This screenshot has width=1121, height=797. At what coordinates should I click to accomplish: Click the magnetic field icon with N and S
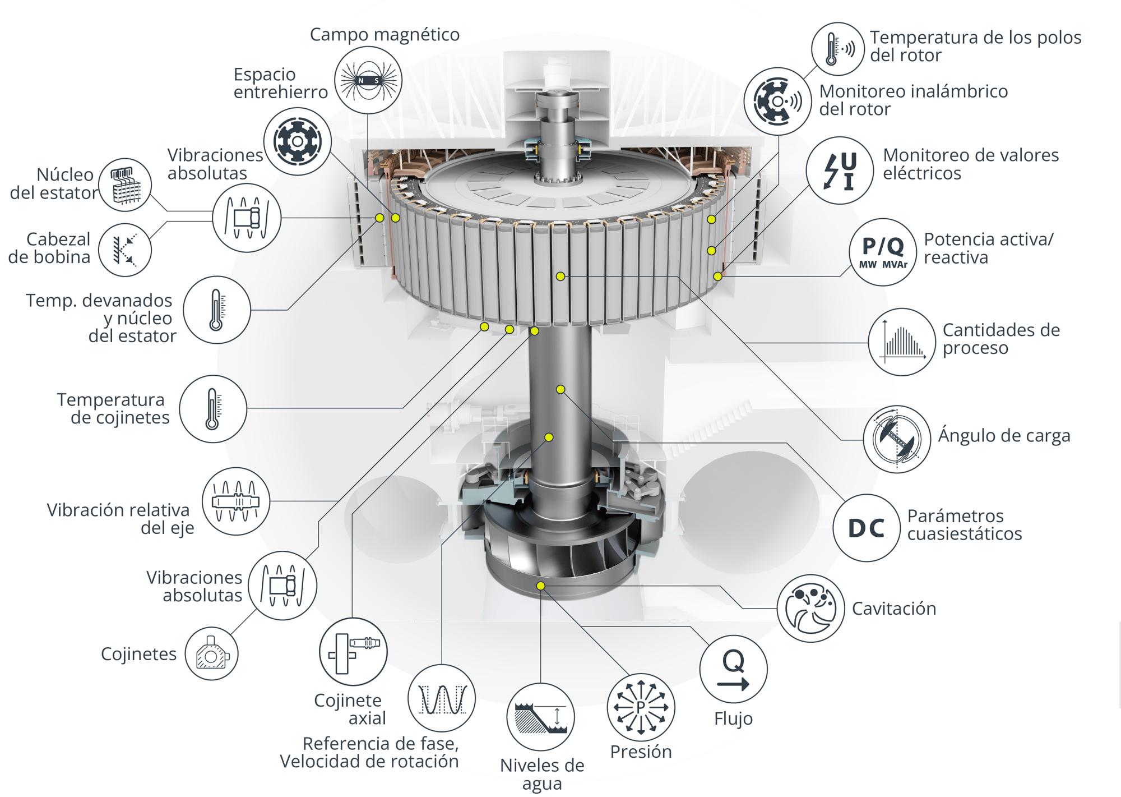(x=368, y=80)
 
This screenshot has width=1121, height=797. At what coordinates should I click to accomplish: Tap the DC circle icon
(x=867, y=528)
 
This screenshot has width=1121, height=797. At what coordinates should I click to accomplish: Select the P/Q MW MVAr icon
(x=883, y=252)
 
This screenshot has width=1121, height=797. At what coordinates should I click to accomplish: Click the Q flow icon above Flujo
(x=733, y=669)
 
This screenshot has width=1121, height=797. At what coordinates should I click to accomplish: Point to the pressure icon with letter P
(x=641, y=707)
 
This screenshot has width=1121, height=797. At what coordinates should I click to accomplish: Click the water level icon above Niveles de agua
(x=541, y=717)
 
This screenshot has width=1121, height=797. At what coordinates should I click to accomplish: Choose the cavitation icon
(x=810, y=608)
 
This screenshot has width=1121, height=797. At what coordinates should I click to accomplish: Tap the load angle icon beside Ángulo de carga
(x=897, y=439)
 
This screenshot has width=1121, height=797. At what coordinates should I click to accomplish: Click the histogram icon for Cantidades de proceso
(x=902, y=342)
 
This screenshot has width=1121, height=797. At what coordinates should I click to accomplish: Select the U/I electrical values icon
(x=840, y=171)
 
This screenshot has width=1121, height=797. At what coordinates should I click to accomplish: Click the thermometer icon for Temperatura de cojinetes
(x=213, y=409)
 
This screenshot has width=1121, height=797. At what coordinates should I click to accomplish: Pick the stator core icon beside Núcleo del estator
(x=125, y=185)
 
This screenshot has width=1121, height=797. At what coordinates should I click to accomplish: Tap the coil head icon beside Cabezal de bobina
(x=125, y=250)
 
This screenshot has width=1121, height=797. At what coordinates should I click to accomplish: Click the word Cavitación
(x=894, y=609)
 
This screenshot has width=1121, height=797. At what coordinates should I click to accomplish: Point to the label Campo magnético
(x=385, y=35)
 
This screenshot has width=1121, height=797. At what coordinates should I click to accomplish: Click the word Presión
(x=641, y=752)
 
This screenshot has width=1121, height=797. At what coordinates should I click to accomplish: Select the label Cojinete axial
(x=350, y=709)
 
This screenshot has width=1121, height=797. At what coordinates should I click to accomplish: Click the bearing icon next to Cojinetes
(x=211, y=653)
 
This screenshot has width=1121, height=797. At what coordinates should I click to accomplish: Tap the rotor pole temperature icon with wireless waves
(x=838, y=49)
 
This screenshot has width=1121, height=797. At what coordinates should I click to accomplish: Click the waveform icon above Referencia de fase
(x=442, y=698)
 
